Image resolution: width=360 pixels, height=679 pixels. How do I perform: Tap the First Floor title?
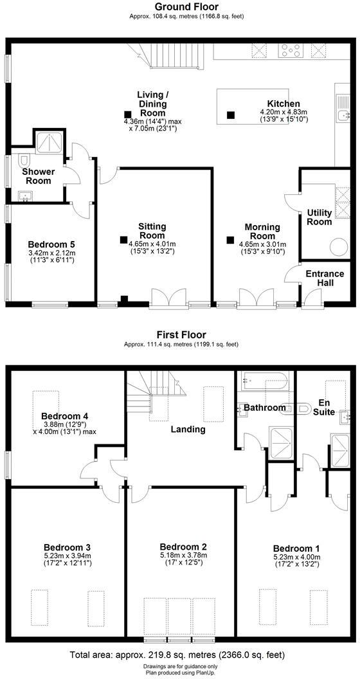[181, 335]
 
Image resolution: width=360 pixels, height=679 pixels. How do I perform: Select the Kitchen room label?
[283, 104]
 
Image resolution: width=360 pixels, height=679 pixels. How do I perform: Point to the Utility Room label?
[319, 217]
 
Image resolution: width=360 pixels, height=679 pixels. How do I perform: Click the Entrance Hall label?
[325, 278]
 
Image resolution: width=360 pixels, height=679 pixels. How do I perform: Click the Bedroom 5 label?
[51, 244]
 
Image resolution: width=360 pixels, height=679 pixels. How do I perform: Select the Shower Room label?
[38, 176]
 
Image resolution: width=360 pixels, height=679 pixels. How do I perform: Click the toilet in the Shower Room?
[24, 159]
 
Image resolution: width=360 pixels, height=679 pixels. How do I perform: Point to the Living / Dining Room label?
[152, 104]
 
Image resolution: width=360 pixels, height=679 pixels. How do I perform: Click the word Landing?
[188, 429]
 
